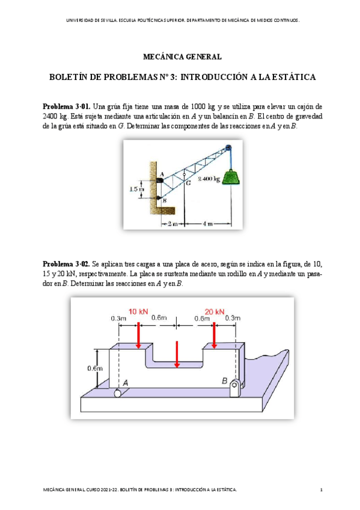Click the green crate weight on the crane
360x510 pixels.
231,177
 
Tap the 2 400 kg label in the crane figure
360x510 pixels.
209,179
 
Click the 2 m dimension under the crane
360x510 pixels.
172,224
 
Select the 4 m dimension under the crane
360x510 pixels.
208,224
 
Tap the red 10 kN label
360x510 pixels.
138,312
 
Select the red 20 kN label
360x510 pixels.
215,312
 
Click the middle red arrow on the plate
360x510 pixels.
177,354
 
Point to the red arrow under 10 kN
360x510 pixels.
138,336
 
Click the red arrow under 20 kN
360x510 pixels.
214,336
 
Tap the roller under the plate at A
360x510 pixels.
117,393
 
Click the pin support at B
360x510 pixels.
234,388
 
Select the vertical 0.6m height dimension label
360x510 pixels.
94,368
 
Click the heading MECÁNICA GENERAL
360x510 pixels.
182,57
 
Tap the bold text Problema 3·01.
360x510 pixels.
66,106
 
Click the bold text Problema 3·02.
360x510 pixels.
66,264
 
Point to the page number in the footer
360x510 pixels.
322,490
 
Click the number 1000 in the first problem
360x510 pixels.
198,106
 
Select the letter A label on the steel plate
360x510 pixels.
125,383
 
